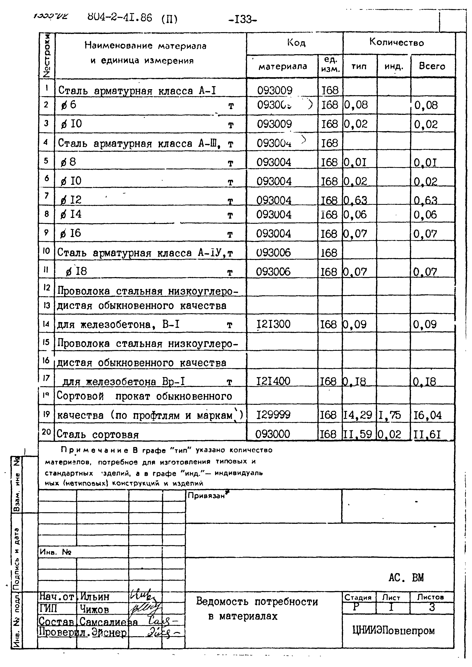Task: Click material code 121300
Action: pos(273,324)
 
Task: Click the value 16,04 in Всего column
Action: pos(427,415)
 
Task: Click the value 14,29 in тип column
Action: pos(357,415)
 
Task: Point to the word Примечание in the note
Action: pos(95,450)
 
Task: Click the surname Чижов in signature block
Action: pos(94,609)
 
